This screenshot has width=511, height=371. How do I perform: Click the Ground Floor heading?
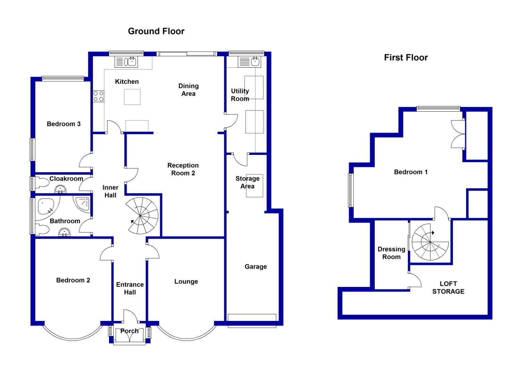pos(156,31)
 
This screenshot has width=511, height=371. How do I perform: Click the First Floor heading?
pos(406,58)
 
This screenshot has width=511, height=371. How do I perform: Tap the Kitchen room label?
pos(127,82)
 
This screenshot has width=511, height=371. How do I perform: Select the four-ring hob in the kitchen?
pos(98,96)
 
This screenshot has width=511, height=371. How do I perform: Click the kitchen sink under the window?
pos(126,62)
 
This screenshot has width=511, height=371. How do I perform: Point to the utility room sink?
pos(249,62)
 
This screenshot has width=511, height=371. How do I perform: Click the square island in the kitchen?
pos(132,97)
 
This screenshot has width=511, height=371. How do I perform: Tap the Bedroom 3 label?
pos(64,124)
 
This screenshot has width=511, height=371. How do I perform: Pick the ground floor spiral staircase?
pos(142,215)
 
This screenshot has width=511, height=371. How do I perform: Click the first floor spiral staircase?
pos(430,242)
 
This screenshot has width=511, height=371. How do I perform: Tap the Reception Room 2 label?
pos(183,169)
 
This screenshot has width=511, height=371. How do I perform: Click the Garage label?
pos(256,267)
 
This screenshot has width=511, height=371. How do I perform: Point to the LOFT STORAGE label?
pos(448,288)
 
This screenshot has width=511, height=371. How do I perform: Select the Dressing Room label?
pos(391,253)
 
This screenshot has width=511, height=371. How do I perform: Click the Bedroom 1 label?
pos(411,172)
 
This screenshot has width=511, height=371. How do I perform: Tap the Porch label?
pos(129,331)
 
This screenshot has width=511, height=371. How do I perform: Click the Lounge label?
pos(186,282)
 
